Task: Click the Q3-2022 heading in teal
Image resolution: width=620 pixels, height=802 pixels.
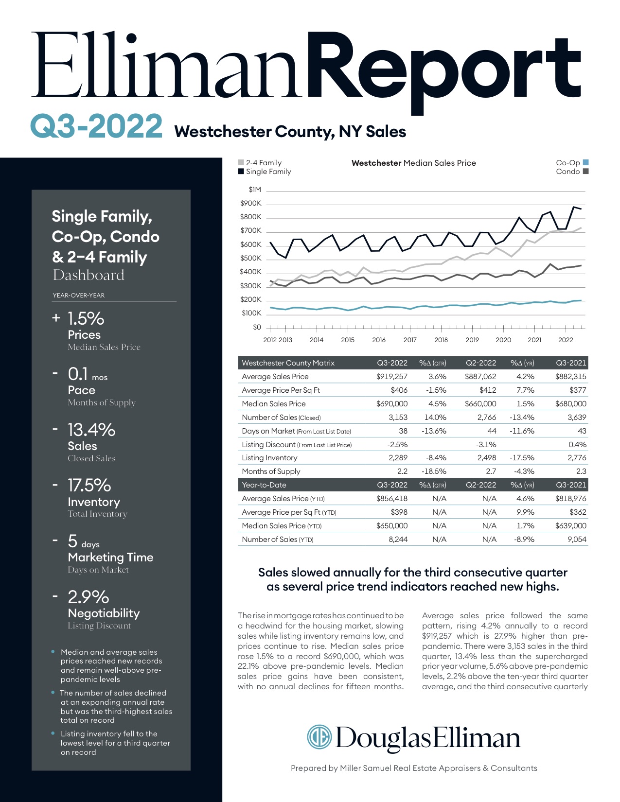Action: coord(96,126)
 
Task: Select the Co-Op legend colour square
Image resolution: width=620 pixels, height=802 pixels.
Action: coord(585,162)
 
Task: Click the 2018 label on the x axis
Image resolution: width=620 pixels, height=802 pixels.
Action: coord(441,340)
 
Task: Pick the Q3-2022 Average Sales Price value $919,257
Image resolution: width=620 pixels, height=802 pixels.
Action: coord(392,376)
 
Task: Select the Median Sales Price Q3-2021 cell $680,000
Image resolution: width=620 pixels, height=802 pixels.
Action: coord(571,403)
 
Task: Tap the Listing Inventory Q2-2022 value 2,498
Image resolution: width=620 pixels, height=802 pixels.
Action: coord(487,457)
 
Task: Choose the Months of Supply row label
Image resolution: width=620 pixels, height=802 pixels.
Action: coord(271,471)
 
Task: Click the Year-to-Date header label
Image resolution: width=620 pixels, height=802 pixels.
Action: coord(264,485)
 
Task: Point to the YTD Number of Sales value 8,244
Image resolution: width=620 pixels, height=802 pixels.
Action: coord(398,539)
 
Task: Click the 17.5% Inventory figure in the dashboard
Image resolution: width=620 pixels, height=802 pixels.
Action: coord(89,485)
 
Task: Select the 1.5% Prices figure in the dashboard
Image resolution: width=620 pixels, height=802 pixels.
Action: coord(86,319)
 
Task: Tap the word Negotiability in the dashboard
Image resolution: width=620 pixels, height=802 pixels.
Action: coord(104,613)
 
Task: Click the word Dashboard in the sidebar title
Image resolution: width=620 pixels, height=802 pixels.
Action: coord(89,275)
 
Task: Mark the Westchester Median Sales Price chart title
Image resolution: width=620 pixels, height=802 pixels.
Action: coord(413,163)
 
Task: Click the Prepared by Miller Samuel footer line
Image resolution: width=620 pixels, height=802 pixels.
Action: coord(414,768)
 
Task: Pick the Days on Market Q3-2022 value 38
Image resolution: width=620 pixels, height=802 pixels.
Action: coord(403,431)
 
